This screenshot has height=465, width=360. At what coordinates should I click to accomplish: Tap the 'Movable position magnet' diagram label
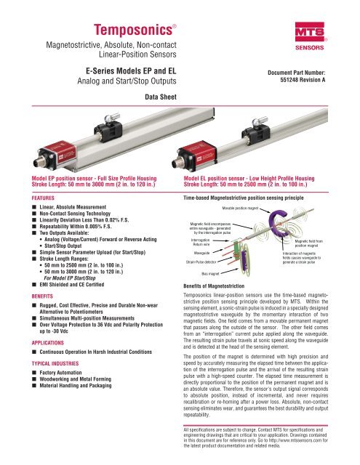coord(239,208)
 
